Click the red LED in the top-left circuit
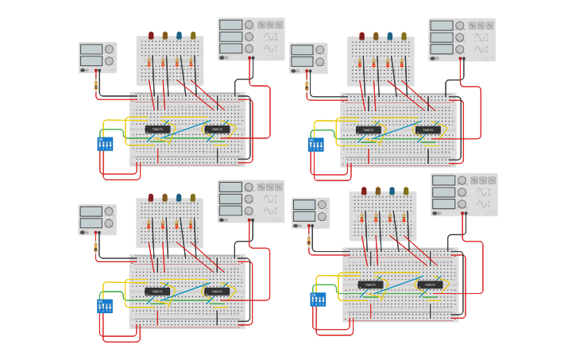[x=151, y=36]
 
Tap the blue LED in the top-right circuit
[x=389, y=36]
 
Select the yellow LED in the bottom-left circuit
[x=193, y=198]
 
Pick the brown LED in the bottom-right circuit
[x=378, y=191]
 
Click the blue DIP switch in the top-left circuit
[x=105, y=144]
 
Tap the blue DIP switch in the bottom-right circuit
[x=318, y=300]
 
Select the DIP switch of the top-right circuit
[x=315, y=145]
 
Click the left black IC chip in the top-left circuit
[x=157, y=130]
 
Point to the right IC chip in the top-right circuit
[x=427, y=130]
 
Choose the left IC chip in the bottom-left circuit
[x=157, y=292]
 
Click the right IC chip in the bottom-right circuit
[x=430, y=285]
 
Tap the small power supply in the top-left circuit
[x=98, y=57]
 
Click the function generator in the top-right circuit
[x=462, y=40]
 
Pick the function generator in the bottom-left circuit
[x=251, y=201]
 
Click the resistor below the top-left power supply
[x=96, y=84]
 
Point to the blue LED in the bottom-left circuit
[x=179, y=198]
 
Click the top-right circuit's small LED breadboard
[x=380, y=62]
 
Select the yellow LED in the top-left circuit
[x=193, y=36]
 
